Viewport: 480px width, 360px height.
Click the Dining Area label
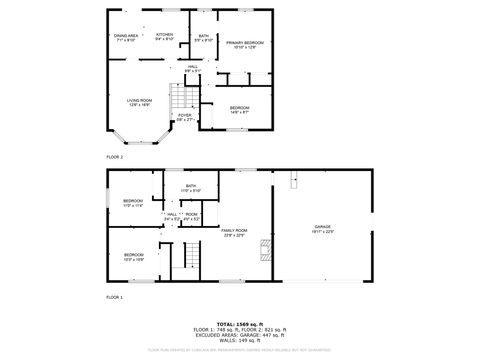(125, 37)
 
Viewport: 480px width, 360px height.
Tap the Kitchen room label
(165, 37)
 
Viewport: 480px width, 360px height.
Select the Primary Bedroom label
(244, 45)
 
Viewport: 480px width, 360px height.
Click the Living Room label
(139, 102)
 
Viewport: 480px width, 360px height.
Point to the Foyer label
(185, 117)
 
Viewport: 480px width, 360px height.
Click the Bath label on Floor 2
(203, 38)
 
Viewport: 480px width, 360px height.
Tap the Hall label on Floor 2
(192, 68)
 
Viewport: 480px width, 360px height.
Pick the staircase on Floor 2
(179, 99)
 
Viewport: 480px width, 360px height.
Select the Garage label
(323, 230)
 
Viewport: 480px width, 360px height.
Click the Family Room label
(234, 232)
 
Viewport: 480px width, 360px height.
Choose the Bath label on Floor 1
(191, 188)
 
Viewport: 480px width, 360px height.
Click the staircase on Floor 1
(183, 262)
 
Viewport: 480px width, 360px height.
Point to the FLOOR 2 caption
(116, 157)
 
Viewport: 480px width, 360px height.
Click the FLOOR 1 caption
(116, 298)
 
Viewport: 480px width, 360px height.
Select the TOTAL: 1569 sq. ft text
(239, 324)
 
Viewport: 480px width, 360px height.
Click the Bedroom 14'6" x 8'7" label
(238, 109)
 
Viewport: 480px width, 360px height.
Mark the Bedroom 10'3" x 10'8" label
(133, 257)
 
